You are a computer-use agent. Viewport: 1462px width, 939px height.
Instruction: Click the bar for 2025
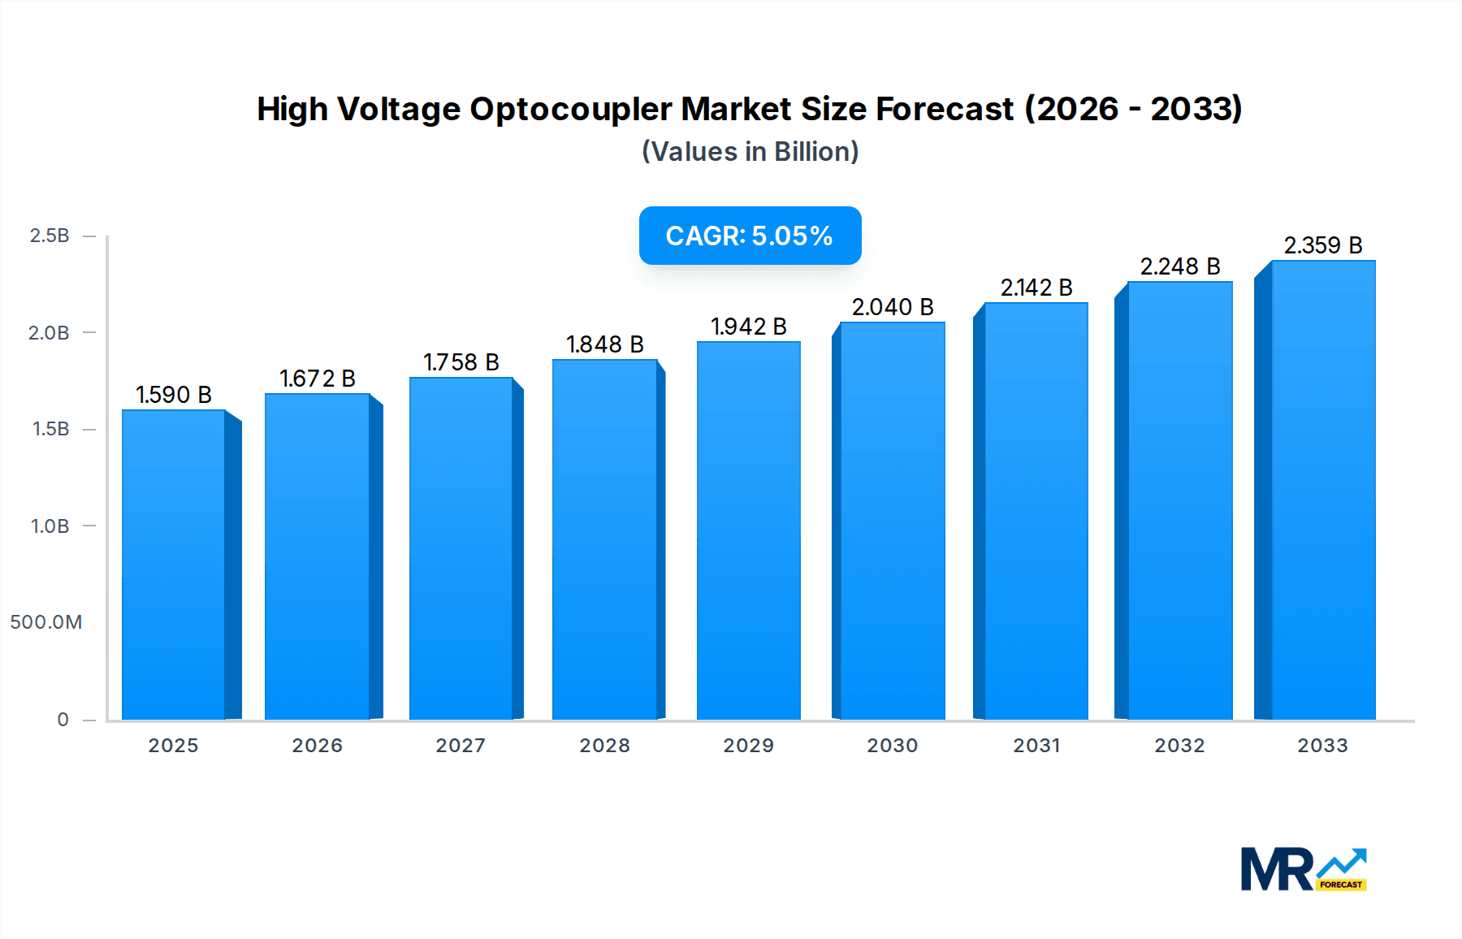click(x=174, y=565)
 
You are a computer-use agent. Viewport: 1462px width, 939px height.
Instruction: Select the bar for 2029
click(x=749, y=530)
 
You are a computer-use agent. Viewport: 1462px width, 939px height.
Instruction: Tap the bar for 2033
click(x=1323, y=490)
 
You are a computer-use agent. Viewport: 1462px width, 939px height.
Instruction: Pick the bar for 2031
click(x=1036, y=511)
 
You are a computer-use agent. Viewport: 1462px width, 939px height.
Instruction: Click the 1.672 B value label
click(x=318, y=379)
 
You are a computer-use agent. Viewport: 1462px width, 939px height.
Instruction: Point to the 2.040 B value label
click(x=893, y=307)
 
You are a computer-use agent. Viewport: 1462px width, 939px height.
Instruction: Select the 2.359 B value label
click(x=1323, y=245)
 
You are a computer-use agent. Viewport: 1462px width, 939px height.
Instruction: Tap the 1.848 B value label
click(x=605, y=344)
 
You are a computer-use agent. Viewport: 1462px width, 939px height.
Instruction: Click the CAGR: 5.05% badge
click(x=750, y=236)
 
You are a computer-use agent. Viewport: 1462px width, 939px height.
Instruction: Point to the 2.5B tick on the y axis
click(x=50, y=236)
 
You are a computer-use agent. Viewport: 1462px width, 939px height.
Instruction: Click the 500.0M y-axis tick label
click(x=46, y=622)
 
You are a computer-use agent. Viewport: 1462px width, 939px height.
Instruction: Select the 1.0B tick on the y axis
click(x=50, y=526)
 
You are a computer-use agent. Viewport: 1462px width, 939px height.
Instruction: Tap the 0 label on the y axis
click(x=63, y=720)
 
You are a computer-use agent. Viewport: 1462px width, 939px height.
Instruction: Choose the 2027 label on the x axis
click(x=461, y=746)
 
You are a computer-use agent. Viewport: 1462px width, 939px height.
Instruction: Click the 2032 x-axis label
click(x=1179, y=746)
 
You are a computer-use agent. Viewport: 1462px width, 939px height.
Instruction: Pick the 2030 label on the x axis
click(x=893, y=746)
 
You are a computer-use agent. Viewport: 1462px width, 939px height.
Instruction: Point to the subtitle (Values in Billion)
click(x=750, y=152)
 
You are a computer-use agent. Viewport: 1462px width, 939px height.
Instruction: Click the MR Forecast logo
click(x=1304, y=869)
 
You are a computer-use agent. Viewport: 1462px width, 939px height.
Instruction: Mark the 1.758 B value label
click(x=461, y=362)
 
